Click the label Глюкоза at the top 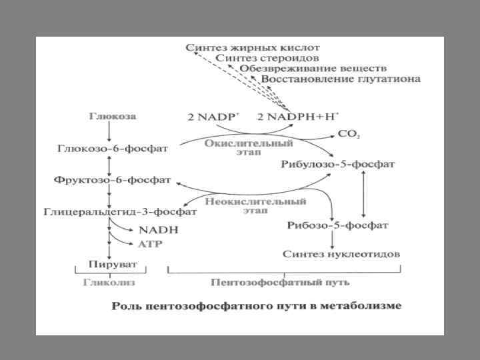coord(112,116)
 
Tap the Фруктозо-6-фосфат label coord(111,180)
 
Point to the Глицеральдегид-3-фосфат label coord(120,212)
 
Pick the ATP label coord(149,244)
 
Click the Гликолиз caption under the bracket coord(109,282)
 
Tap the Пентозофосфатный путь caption coord(280,282)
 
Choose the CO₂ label coord(349,134)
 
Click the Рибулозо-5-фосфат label coord(339,163)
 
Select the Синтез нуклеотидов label coord(341,254)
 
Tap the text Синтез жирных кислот coord(253,48)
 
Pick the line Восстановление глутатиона coord(341,79)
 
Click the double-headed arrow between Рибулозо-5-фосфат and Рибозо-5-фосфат coord(363,193)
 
